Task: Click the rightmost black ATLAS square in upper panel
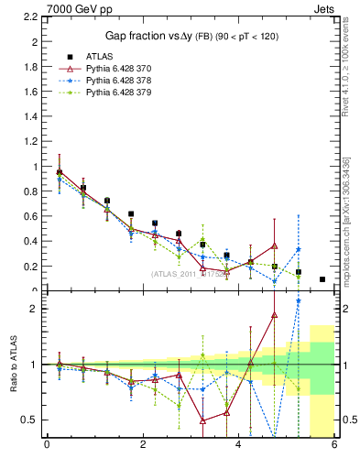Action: pos(322,279)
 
